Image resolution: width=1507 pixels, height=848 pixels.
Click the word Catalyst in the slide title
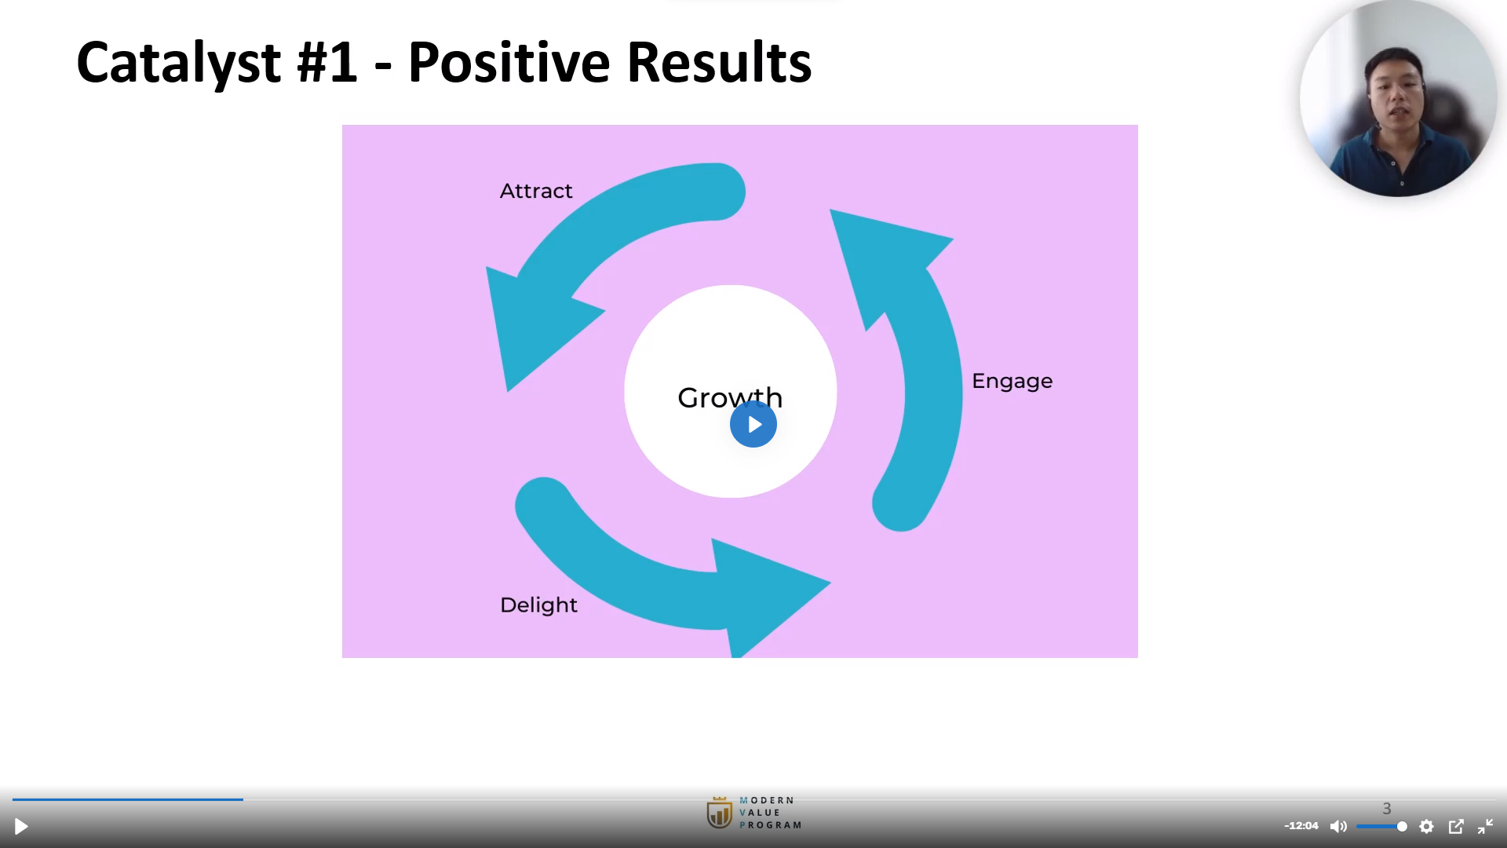(179, 63)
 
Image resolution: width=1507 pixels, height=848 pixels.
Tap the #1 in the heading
(327, 63)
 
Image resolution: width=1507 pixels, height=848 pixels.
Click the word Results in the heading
(719, 63)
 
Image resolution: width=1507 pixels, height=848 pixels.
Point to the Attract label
(536, 191)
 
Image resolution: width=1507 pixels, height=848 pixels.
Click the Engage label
(1012, 382)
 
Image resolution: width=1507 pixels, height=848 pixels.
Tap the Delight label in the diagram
(538, 605)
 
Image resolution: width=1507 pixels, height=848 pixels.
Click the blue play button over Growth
(753, 424)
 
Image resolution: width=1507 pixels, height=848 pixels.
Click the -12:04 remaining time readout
(1301, 826)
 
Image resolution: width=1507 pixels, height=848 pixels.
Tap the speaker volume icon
(1338, 826)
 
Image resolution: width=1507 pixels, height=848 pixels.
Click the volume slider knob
(1402, 826)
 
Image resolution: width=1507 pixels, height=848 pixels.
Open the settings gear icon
(1427, 826)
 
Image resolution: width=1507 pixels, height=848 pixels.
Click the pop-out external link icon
(1456, 826)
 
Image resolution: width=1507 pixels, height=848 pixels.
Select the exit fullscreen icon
(1485, 826)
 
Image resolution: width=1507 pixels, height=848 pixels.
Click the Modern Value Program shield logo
(719, 813)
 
